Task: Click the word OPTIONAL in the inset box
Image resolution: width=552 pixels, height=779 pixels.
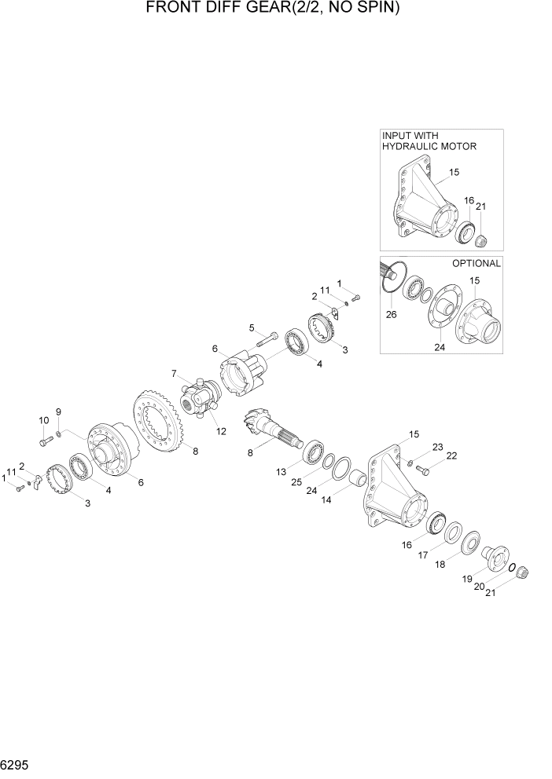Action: click(476, 263)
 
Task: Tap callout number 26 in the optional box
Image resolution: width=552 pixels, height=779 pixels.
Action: click(391, 314)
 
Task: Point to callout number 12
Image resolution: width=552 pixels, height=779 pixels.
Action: click(223, 430)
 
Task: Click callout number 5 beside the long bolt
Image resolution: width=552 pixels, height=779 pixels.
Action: click(252, 327)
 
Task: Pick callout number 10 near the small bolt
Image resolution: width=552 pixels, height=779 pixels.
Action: click(42, 421)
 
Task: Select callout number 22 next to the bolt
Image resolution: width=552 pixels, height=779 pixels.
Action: click(451, 455)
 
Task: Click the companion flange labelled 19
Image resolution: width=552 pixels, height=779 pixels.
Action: click(495, 559)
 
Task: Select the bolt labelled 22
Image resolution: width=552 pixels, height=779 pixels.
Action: click(421, 470)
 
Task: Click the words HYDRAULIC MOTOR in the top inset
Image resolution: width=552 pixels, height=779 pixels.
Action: click(429, 146)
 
